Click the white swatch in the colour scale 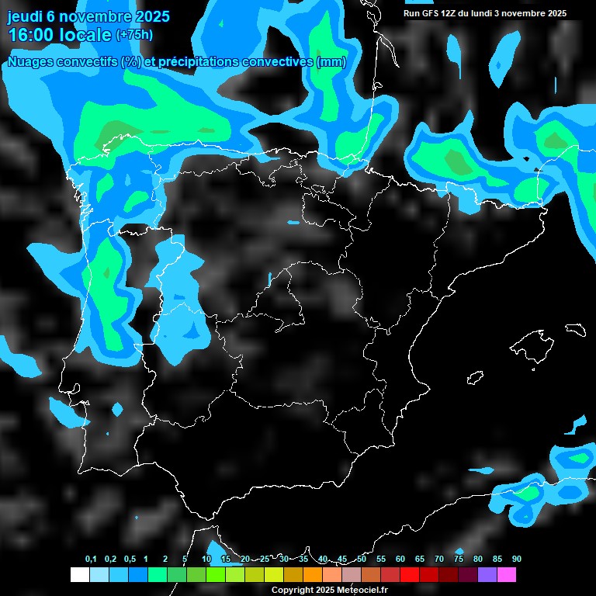pos(79,574)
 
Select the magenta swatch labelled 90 pos(507,574)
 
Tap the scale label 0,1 pos(91,559)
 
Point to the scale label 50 pos(362,559)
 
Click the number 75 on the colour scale pos(459,559)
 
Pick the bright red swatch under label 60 pos(410,574)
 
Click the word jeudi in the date pos(25,16)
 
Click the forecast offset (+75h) pos(134,35)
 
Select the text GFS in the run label pos(431,13)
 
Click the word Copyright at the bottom pos(293,591)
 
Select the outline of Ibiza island pos(474,378)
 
